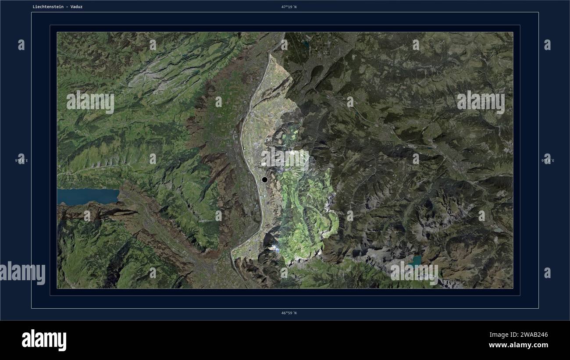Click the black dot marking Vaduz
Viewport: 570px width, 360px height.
[264, 179]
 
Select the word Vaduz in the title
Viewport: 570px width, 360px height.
[76, 7]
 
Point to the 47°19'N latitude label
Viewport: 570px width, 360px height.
[289, 7]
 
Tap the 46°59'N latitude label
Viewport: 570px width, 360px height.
[289, 313]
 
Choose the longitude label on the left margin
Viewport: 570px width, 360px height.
[21, 160]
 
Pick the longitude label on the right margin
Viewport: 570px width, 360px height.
[548, 160]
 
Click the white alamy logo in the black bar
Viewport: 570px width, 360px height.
[44, 340]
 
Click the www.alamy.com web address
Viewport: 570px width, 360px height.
[518, 346]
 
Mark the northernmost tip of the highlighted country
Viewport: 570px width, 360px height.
[271, 55]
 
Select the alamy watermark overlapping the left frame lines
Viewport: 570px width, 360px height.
[23, 273]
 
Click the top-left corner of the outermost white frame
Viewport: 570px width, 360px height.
[32, 12]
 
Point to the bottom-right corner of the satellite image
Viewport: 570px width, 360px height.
[513, 288]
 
